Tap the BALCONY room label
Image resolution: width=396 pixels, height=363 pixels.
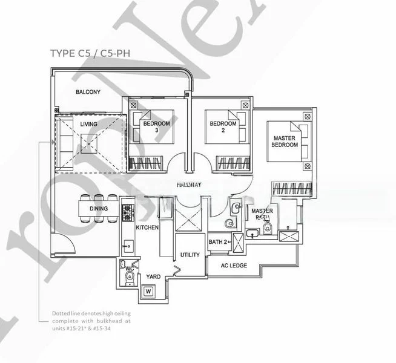pos(88,92)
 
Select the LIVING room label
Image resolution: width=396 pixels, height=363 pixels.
pos(89,124)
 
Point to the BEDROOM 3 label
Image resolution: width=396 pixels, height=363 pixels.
pos(156,127)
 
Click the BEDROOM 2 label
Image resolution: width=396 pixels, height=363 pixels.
pos(222,127)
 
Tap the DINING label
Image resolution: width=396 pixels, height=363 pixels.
pos(98,209)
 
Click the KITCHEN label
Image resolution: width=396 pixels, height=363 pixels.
pos(147,227)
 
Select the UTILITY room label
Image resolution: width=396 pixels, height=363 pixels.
pos(190,255)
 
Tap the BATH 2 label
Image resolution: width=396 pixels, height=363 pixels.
pos(217,243)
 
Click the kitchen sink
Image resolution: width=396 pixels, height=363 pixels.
pos(127,245)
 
